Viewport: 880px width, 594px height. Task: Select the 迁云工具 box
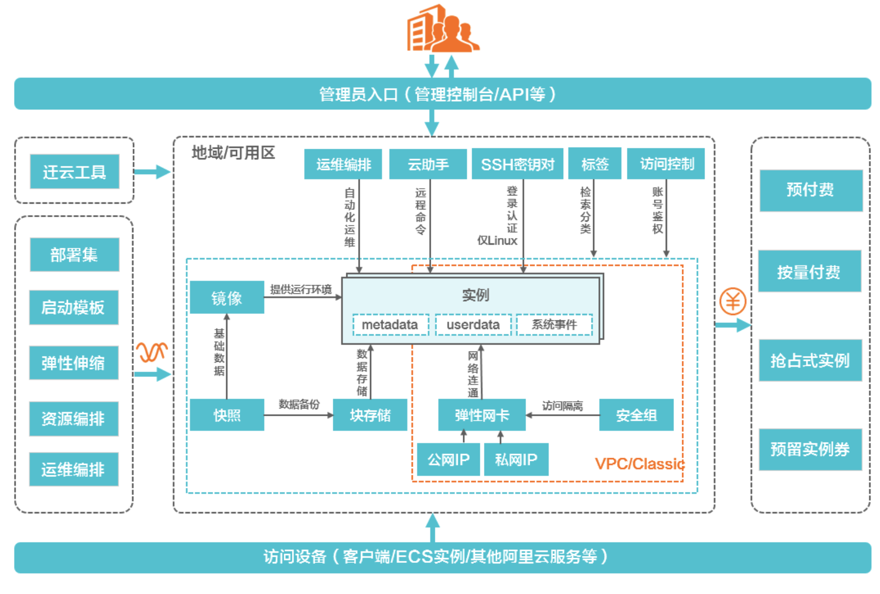point(75,172)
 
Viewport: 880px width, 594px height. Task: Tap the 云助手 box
point(428,164)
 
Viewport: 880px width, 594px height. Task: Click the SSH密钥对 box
point(517,164)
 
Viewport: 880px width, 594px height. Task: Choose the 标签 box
point(595,164)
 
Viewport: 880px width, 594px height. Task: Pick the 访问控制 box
point(666,164)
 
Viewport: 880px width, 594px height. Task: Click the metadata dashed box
point(390,325)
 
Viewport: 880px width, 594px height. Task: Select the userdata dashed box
point(473,325)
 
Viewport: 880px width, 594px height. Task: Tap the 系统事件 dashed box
point(554,325)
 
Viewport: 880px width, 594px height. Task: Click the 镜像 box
point(227,298)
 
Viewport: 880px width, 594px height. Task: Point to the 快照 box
point(227,415)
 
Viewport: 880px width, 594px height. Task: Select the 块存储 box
point(370,415)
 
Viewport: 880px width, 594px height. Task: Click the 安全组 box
point(636,415)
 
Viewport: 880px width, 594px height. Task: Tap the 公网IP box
point(448,459)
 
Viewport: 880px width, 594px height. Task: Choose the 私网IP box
point(516,459)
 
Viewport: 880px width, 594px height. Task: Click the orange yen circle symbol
point(732,301)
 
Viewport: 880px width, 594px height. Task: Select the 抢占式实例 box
point(810,361)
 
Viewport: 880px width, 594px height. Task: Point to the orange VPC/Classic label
point(640,464)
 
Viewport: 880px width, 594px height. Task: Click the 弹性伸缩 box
point(74,363)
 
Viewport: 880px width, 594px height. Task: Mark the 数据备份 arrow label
point(299,404)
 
